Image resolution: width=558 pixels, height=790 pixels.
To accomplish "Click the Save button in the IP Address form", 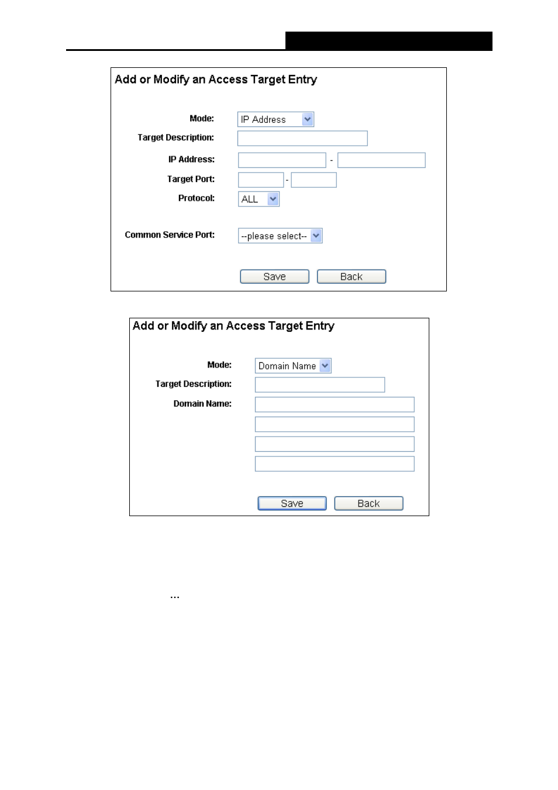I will pos(274,277).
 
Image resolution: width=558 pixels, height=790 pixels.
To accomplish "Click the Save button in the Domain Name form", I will pos(292,503).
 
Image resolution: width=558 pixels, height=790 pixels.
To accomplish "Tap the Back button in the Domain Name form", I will pos(368,503).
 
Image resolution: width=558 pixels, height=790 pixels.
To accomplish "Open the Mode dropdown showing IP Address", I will pos(275,119).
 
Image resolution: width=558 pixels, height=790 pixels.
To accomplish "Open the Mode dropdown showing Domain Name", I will pos(293,366).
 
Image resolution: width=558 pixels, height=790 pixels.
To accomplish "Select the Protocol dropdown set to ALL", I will pos(259,199).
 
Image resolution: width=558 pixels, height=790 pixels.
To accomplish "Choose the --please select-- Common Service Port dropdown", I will pos(280,236).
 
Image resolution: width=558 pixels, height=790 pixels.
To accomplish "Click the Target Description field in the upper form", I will pos(302,138).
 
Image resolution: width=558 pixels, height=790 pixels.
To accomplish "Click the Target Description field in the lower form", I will pos(320,384).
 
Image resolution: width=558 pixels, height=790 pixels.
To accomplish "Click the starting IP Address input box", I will pos(282,160).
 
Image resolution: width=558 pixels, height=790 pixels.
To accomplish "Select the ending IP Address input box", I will pos(381,160).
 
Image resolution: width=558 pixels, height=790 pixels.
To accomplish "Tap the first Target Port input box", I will pos(261,180).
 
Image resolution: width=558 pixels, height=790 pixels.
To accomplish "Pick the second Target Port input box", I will pos(314,180).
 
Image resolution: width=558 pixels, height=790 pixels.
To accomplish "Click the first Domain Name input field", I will pos(335,404).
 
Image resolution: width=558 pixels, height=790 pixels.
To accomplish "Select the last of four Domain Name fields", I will pos(335,464).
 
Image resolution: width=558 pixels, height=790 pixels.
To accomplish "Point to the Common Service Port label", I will pos(170,235).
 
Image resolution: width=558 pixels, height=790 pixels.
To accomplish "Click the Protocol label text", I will pos(197,198).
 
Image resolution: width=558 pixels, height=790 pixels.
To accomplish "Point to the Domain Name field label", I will pos(202,404).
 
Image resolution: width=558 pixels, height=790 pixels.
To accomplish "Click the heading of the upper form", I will pos(216,80).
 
